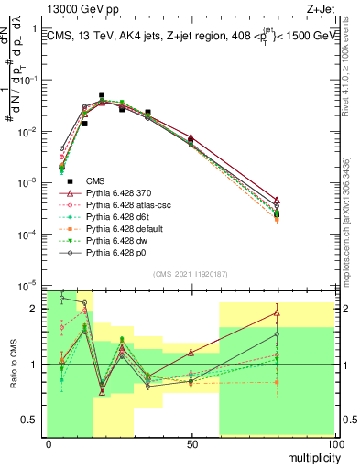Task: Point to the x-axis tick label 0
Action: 48,444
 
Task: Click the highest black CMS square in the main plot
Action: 102,95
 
